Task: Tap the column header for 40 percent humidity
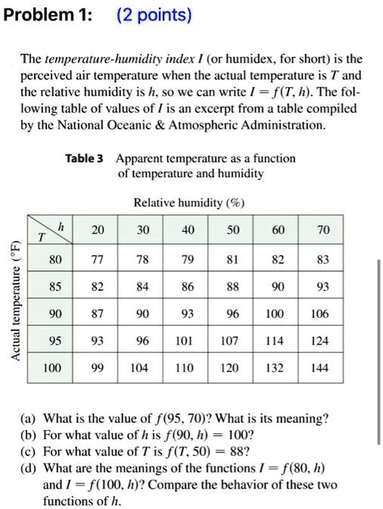click(186, 229)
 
